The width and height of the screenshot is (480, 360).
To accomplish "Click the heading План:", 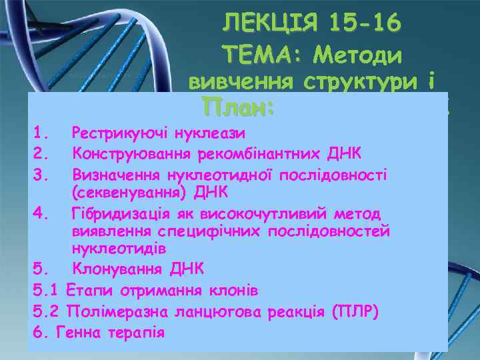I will click(x=239, y=107).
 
